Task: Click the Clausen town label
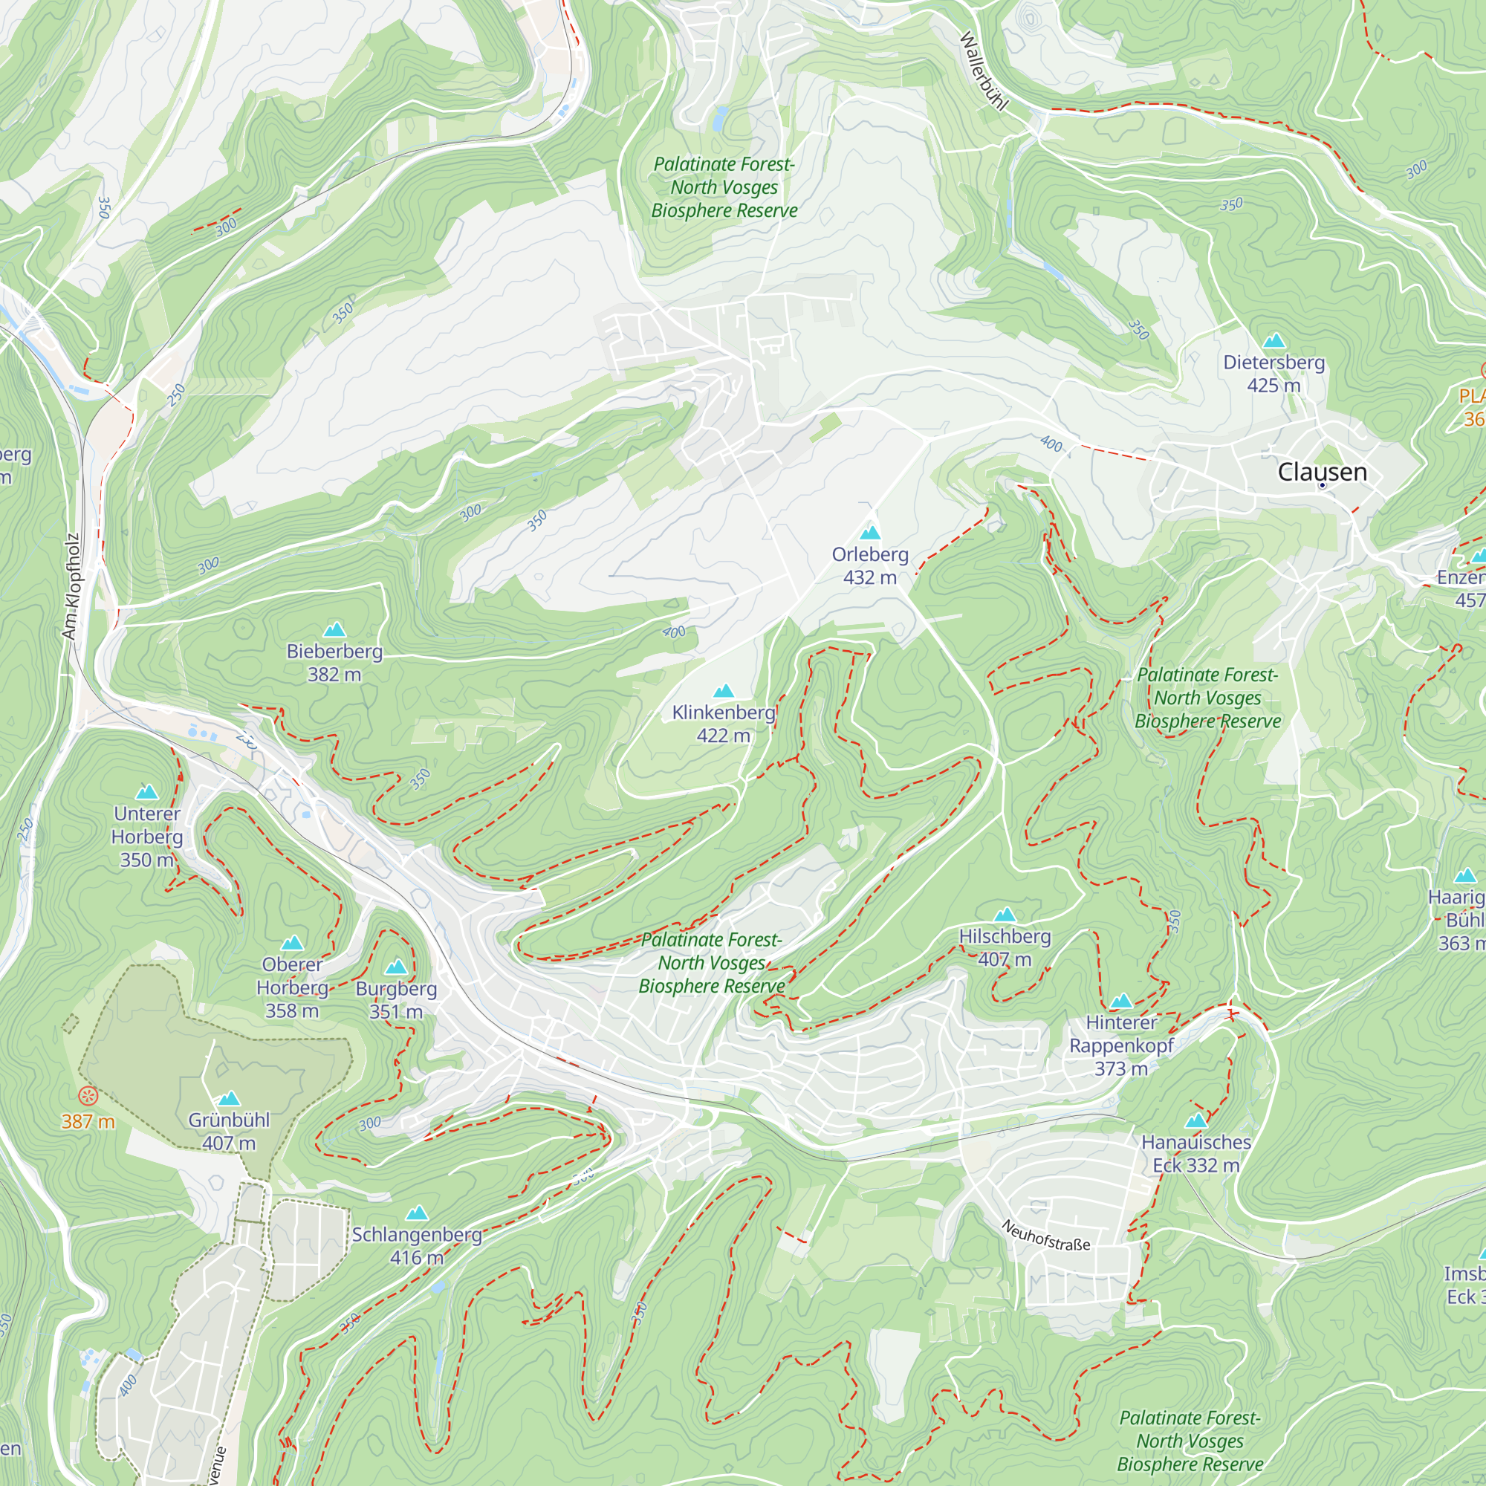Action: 1323,472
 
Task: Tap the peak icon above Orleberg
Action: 870,532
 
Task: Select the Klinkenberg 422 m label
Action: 723,724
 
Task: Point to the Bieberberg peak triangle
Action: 334,630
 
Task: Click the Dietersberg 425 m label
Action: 1274,373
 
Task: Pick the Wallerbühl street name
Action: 983,71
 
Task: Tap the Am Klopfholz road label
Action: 71,587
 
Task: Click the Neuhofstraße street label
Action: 1046,1234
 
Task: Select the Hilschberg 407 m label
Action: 1005,947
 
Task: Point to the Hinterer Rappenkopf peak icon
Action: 1121,1001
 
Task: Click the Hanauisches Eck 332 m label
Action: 1196,1154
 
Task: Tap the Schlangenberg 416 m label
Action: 417,1246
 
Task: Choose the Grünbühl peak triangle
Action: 229,1099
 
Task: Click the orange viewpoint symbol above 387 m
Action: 88,1095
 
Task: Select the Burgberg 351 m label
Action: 396,1000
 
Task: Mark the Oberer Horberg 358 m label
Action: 292,987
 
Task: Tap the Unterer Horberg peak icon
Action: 147,792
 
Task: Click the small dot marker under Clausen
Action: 1323,485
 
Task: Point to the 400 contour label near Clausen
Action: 1051,444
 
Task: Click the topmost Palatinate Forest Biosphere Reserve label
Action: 724,187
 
